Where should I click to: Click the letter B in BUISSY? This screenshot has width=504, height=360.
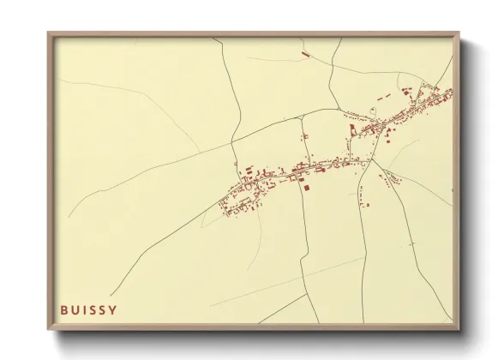(x=64, y=309)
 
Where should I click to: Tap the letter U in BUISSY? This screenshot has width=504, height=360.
(x=75, y=309)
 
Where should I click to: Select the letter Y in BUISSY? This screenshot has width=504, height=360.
(x=113, y=309)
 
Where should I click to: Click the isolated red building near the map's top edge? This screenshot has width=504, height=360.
(x=306, y=53)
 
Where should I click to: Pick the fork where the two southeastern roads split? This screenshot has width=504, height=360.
(x=370, y=161)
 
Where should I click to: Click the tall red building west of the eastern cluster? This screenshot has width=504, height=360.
(x=351, y=129)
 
